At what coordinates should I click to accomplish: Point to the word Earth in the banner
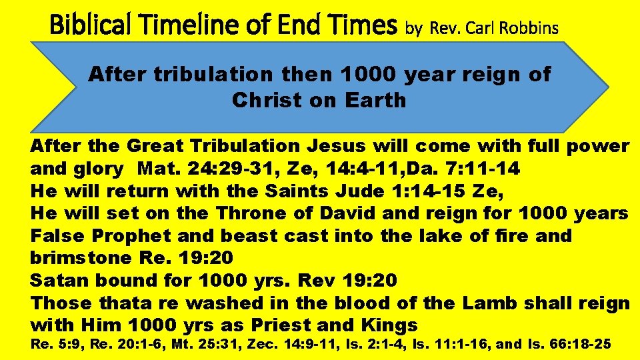point(375,101)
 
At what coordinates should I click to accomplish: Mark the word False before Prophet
point(58,236)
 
